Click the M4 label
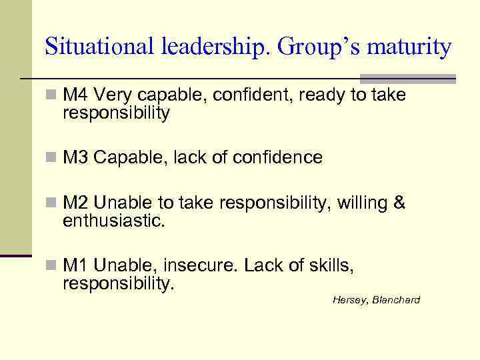coord(75,95)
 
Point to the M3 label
coord(75,157)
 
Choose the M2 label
coord(75,203)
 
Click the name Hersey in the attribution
coord(348,300)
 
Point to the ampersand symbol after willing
coord(399,203)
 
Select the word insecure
coord(194,266)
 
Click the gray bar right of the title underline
coord(408,78)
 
